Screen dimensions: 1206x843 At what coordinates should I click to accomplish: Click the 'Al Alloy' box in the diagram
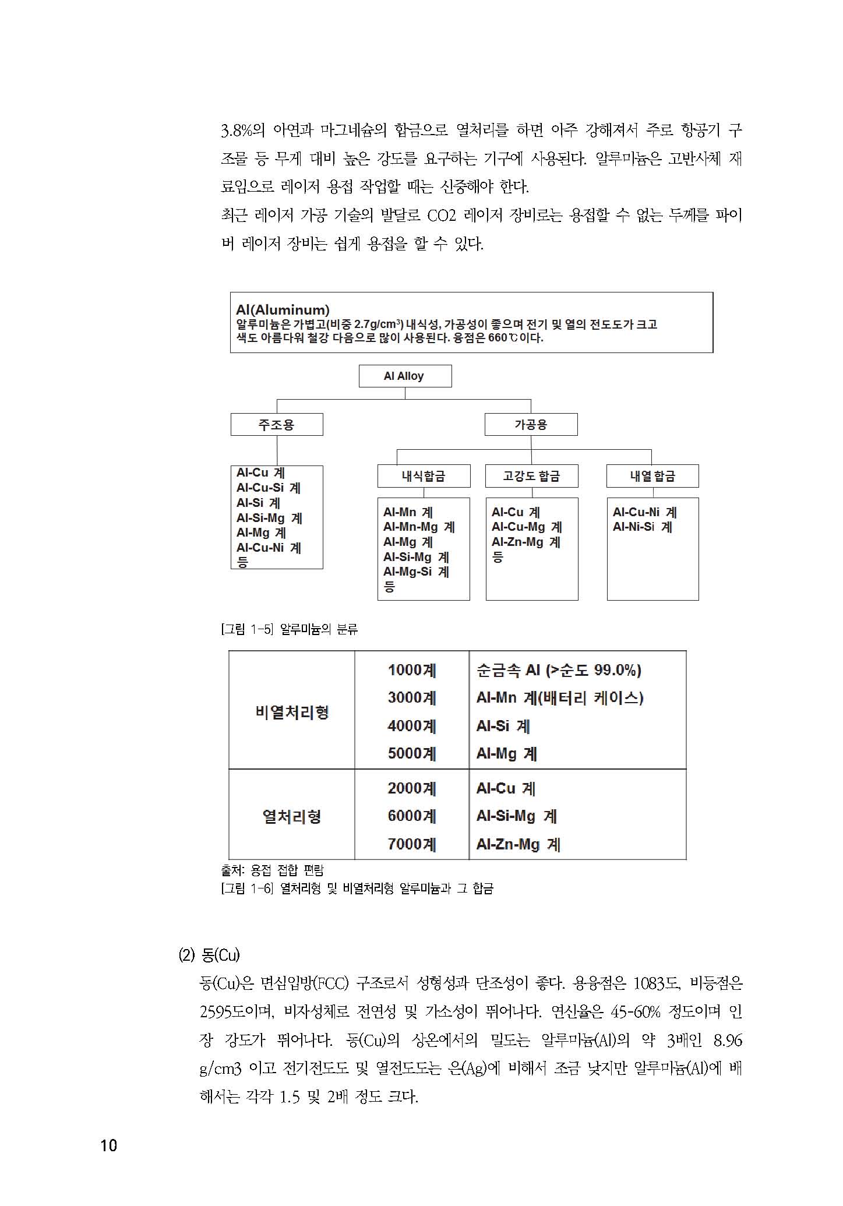coord(404,376)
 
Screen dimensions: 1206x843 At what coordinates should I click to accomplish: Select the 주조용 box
coord(277,425)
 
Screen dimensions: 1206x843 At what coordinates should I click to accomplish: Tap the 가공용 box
coord(531,425)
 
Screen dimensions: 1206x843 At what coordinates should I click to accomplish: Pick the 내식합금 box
coord(424,476)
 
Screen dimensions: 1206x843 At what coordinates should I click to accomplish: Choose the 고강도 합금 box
coord(531,476)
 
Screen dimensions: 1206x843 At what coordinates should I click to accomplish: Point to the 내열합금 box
coord(652,476)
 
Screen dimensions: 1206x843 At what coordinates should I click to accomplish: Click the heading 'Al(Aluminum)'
coord(283,310)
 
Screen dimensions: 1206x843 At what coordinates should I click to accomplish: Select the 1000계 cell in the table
coord(412,670)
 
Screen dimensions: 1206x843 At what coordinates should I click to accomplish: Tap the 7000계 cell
coord(412,844)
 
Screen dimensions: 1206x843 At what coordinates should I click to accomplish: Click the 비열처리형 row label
coord(292,712)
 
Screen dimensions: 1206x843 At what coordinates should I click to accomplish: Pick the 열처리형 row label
coord(292,816)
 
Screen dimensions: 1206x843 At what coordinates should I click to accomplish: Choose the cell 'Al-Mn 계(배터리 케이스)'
coord(559,698)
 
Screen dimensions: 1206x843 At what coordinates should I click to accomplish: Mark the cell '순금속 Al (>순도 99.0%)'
coord(558,670)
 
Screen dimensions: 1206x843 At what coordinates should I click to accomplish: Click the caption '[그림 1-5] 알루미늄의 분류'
coord(290,629)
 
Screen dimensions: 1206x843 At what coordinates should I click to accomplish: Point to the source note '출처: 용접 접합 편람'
coord(273,870)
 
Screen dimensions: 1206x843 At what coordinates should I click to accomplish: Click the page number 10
coord(109,1145)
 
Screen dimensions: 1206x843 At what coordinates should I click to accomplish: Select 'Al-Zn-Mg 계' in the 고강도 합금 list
coord(525,542)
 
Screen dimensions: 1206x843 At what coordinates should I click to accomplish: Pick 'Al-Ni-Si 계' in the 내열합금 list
coord(642,527)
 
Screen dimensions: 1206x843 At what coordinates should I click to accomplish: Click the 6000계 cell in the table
coord(412,816)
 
